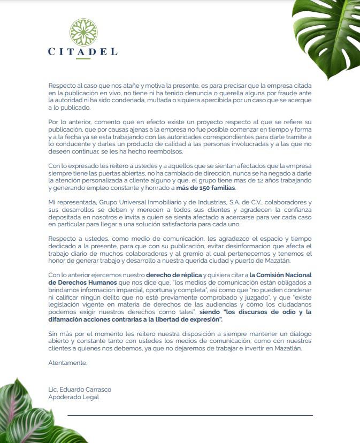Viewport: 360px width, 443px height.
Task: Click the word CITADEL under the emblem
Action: (82, 52)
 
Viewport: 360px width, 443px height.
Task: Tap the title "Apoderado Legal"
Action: (73, 397)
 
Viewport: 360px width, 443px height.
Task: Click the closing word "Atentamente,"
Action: (67, 363)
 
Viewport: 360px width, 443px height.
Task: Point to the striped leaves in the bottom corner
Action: (24, 412)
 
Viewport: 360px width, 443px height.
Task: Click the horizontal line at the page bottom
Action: (190, 415)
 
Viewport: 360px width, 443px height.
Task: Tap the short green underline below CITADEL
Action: (82, 58)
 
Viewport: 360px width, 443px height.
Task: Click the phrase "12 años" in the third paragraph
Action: (240, 181)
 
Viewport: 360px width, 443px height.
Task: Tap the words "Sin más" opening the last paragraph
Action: (59, 333)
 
